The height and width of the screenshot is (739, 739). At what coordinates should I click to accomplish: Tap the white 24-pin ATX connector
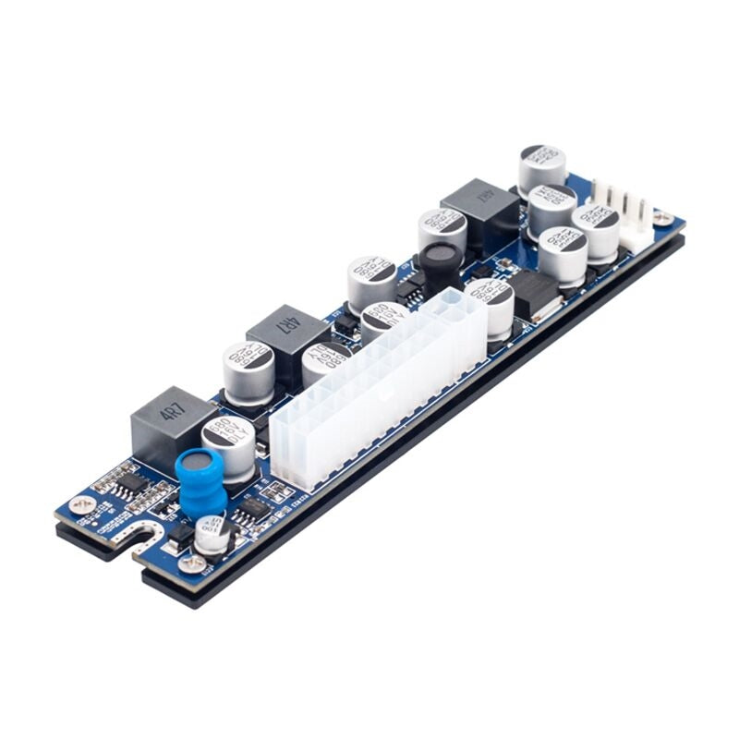click(x=379, y=388)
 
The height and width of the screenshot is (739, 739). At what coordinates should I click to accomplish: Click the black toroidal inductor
click(x=442, y=262)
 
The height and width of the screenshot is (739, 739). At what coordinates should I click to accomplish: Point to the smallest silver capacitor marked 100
click(x=212, y=533)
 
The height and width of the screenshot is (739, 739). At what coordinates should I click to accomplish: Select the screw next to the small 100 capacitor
click(x=192, y=562)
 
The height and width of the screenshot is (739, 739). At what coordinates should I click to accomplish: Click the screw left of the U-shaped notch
click(x=81, y=504)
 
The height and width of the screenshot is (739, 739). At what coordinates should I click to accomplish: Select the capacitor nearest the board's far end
click(x=541, y=166)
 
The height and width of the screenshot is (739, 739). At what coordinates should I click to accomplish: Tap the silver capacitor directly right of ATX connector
click(x=491, y=306)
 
